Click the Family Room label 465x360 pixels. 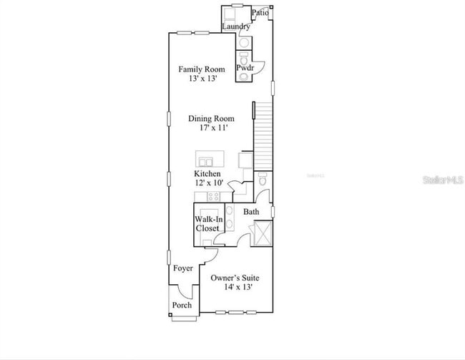pyautogui.click(x=201, y=69)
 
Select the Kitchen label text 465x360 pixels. pyautogui.click(x=207, y=174)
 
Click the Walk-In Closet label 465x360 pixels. pyautogui.click(x=207, y=223)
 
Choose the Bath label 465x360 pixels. pyautogui.click(x=251, y=212)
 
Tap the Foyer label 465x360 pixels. pyautogui.click(x=182, y=268)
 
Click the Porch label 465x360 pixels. pyautogui.click(x=182, y=306)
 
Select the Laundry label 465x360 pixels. pyautogui.click(x=235, y=27)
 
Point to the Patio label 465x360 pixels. pyautogui.click(x=260, y=12)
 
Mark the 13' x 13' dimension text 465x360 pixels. pyautogui.click(x=201, y=79)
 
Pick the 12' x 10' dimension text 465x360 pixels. pyautogui.click(x=208, y=183)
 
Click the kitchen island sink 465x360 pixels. pyautogui.click(x=205, y=160)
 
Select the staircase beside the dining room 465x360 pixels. pyautogui.click(x=264, y=135)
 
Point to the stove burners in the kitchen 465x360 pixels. pyautogui.click(x=213, y=196)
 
